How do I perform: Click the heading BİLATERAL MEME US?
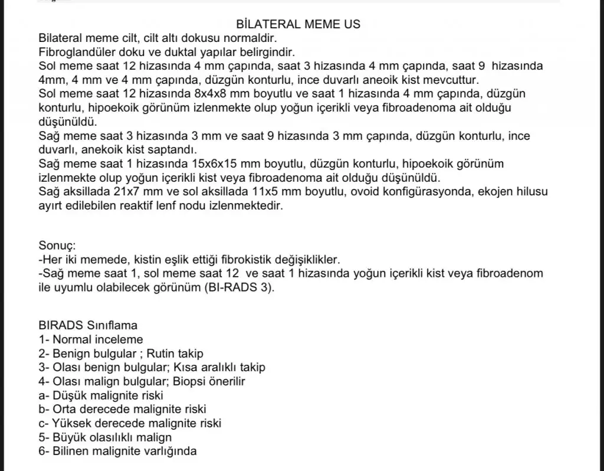click(x=298, y=24)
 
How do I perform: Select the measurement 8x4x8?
click(x=195, y=94)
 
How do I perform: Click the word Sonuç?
click(x=57, y=246)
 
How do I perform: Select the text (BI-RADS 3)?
click(x=240, y=287)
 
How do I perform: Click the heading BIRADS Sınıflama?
click(x=88, y=325)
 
